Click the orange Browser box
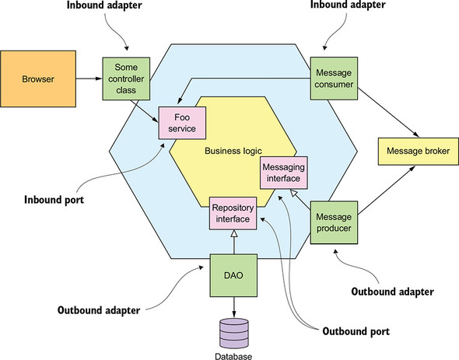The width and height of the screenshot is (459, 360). (38, 79)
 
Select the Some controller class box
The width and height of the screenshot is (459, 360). (126, 79)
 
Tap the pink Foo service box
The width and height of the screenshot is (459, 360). (182, 123)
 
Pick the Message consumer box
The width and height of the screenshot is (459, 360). (334, 79)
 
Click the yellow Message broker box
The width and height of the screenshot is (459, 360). (419, 152)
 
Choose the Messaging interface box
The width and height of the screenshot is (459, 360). (284, 173)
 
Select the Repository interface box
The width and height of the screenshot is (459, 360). (233, 213)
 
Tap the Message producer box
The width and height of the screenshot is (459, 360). (334, 222)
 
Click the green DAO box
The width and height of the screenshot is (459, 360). (233, 275)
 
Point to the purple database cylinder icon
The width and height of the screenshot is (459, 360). (234, 334)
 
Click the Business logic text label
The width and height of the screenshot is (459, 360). (233, 151)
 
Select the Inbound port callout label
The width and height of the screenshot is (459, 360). (54, 200)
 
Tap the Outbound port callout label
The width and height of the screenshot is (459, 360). (356, 331)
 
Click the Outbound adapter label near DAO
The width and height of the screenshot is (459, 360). (99, 310)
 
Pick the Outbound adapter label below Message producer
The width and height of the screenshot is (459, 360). (393, 292)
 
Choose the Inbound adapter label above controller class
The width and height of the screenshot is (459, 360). (104, 5)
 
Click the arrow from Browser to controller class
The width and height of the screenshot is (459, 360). (89, 79)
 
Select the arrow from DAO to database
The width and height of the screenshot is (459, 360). (233, 307)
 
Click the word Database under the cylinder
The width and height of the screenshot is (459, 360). (233, 356)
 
